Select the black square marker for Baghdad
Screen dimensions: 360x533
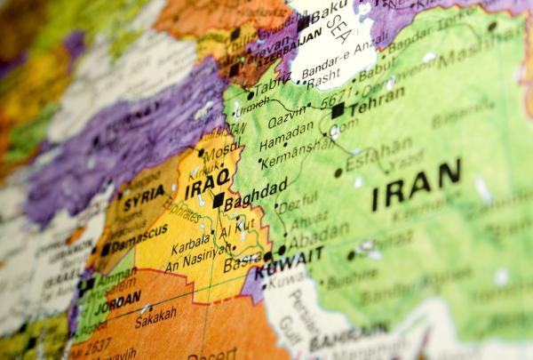(219, 201)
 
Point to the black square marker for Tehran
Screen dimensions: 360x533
(338, 110)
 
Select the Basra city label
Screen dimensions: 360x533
(242, 263)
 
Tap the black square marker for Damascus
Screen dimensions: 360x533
(106, 250)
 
